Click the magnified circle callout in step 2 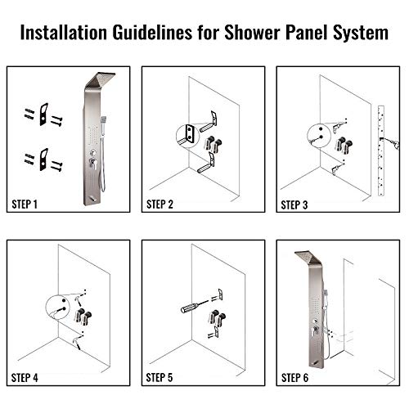pyautogui.click(x=187, y=134)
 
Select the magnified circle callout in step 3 pyautogui.click(x=320, y=133)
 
